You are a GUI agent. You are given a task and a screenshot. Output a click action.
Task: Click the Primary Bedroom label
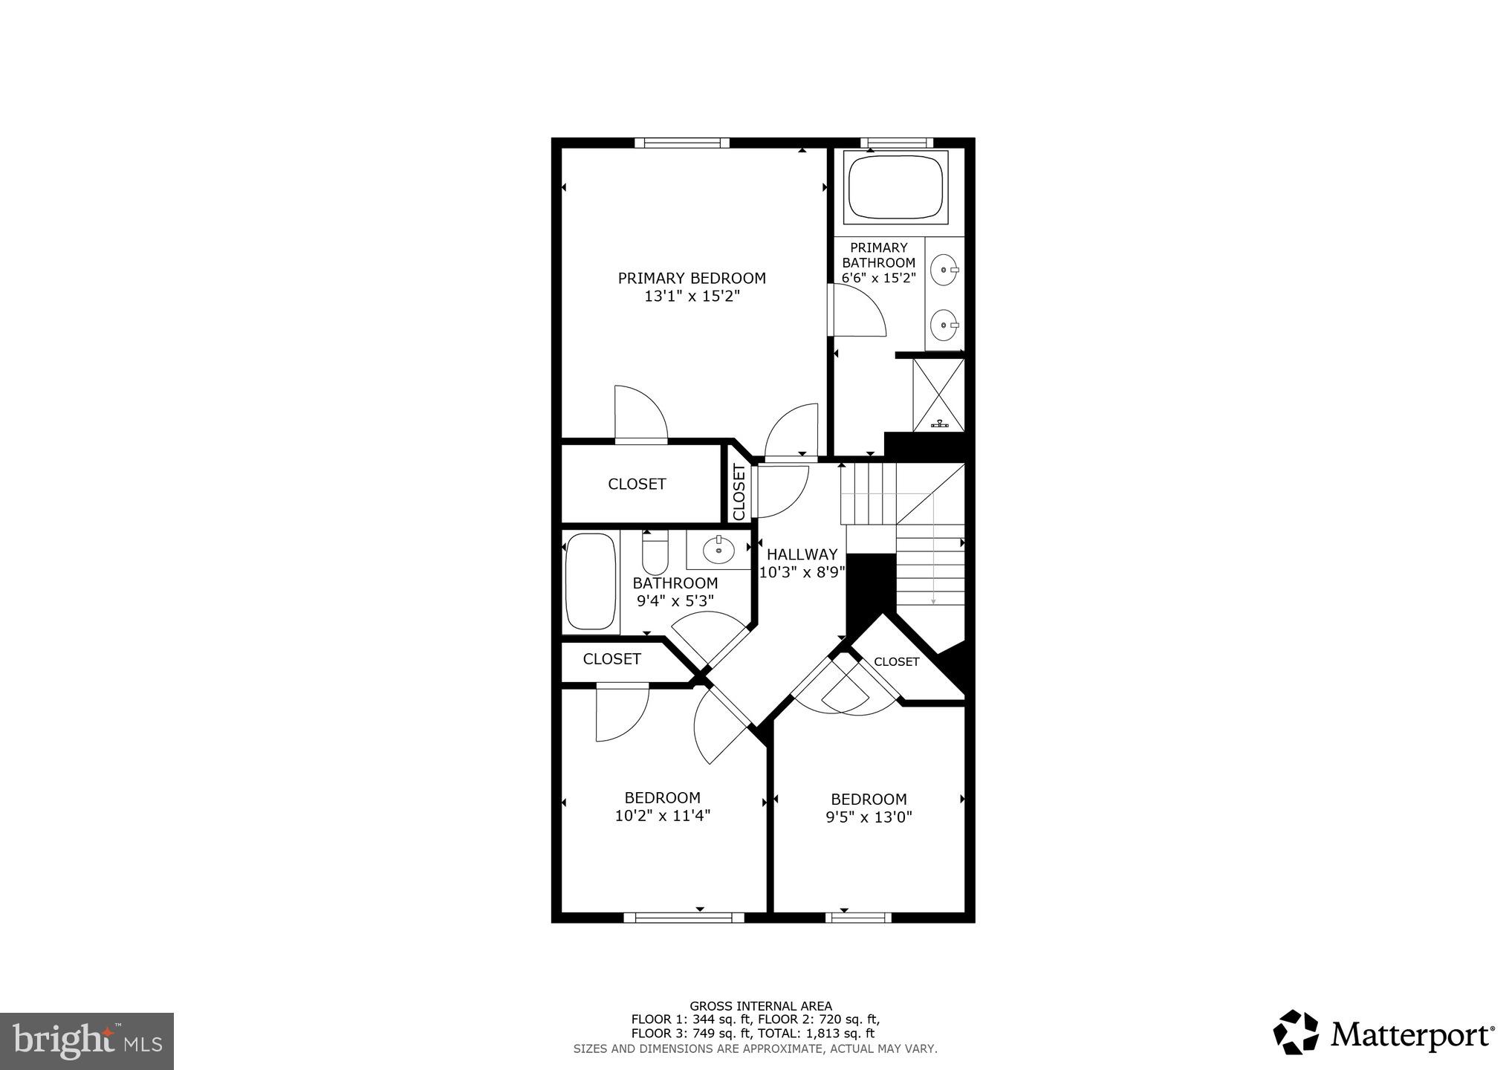tap(691, 278)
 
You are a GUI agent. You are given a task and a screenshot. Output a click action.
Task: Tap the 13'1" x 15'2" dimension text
tap(691, 296)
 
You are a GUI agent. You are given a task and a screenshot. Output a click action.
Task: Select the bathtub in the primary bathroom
tap(895, 187)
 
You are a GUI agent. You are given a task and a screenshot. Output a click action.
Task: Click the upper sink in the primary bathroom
tap(944, 268)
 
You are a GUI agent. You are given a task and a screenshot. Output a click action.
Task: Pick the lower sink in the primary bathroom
tap(944, 324)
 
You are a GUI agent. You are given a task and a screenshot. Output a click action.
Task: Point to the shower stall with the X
tap(938, 394)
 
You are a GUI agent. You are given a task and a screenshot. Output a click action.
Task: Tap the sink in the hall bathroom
tap(718, 550)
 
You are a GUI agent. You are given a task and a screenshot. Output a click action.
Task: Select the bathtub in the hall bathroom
tap(591, 582)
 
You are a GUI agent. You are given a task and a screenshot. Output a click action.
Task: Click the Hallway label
tap(802, 554)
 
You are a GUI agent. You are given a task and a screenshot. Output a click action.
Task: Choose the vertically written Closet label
tap(739, 491)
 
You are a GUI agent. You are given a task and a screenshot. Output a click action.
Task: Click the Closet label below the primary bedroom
tap(637, 484)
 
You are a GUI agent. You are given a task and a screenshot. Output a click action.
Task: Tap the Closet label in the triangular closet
tap(896, 661)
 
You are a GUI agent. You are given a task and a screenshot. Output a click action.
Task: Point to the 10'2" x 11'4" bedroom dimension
tap(662, 815)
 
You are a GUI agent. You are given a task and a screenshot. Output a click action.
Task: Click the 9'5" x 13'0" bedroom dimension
tap(869, 817)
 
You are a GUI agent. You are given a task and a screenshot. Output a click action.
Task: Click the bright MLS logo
tap(87, 1040)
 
